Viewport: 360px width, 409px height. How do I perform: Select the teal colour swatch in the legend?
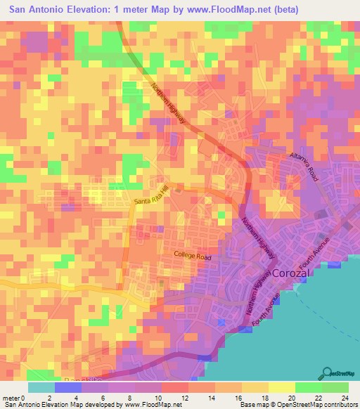click(x=41, y=387)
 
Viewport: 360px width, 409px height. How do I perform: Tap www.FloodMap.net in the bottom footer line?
click(x=153, y=404)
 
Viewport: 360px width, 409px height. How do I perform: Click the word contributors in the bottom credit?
click(x=334, y=404)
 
